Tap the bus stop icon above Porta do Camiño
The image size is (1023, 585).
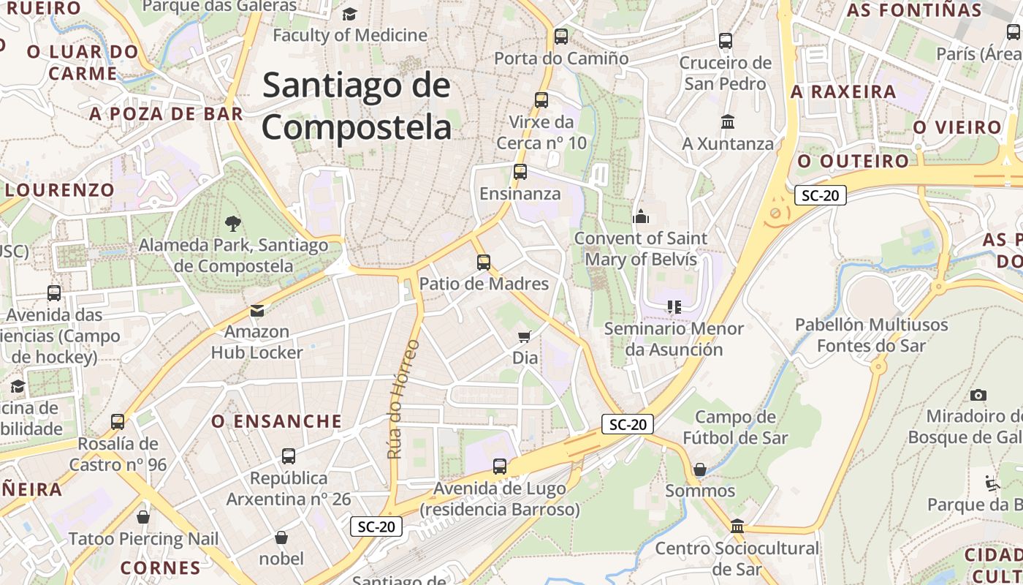pyautogui.click(x=561, y=36)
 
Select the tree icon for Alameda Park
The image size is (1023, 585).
pyautogui.click(x=233, y=223)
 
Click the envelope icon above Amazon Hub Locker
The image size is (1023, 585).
pyautogui.click(x=256, y=311)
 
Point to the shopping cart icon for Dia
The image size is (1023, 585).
pyautogui.click(x=524, y=336)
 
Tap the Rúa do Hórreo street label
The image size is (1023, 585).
pyautogui.click(x=395, y=399)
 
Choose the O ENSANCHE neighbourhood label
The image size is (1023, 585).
pyautogui.click(x=276, y=421)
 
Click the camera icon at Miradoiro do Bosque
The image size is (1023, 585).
pyautogui.click(x=978, y=396)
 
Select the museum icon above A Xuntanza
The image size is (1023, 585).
pyautogui.click(x=728, y=121)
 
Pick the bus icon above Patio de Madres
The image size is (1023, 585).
pyautogui.click(x=483, y=262)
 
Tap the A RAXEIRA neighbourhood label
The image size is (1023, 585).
pyautogui.click(x=843, y=92)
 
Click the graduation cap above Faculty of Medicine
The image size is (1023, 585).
pyautogui.click(x=349, y=14)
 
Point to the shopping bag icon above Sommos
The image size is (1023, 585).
pyautogui.click(x=700, y=469)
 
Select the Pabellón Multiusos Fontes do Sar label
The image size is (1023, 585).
pyautogui.click(x=871, y=335)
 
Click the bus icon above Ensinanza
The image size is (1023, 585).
pyautogui.click(x=520, y=172)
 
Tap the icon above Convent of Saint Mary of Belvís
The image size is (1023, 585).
pyautogui.click(x=641, y=216)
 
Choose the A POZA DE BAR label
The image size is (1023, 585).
pyautogui.click(x=166, y=113)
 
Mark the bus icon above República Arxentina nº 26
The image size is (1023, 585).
pyautogui.click(x=289, y=456)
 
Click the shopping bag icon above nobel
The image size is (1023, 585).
pyautogui.click(x=281, y=538)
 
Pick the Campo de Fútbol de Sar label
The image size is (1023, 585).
pyautogui.click(x=735, y=427)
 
